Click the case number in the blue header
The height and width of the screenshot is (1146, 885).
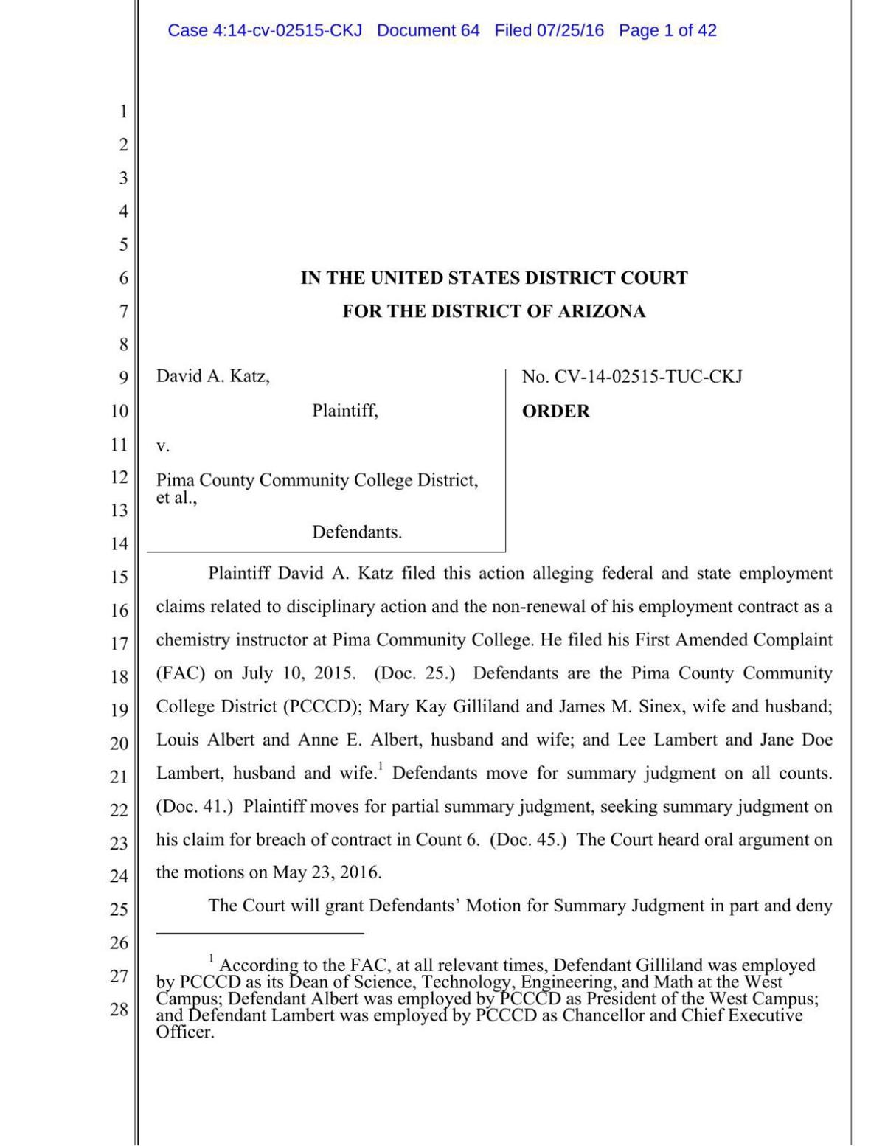point(265,30)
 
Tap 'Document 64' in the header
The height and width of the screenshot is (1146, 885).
point(428,30)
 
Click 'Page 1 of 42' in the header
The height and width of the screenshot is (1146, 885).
point(667,30)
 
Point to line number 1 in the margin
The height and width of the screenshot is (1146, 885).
point(123,111)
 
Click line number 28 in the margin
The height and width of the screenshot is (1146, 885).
point(119,1010)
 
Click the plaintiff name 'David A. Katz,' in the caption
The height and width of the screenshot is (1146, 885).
point(212,376)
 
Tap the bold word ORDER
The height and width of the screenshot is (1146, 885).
point(555,411)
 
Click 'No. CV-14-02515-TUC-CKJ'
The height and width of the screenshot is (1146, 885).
point(632,377)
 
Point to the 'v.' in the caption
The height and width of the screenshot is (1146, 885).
point(162,446)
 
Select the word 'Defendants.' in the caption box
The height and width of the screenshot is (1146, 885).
point(357,532)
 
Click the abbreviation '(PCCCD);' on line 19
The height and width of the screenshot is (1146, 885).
point(322,706)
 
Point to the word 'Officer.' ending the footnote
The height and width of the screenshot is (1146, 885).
point(185,1032)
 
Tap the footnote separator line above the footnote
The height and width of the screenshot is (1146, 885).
point(260,934)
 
